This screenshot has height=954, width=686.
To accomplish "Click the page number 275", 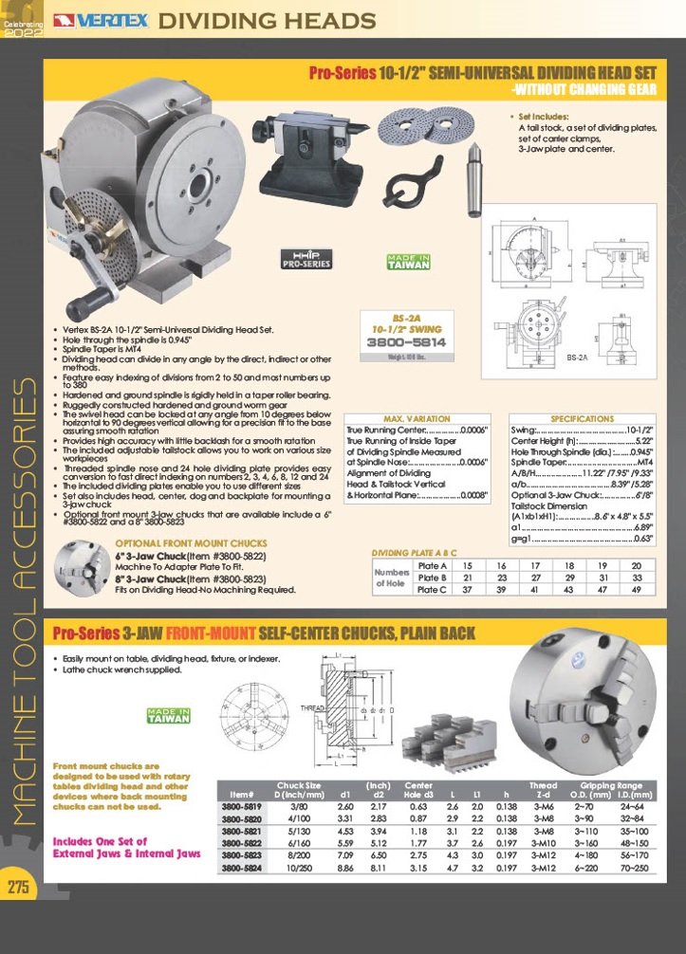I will click(x=17, y=887).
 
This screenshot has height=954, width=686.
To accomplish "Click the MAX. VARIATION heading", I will click(x=417, y=418).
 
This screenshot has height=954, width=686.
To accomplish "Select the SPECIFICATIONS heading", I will click(x=582, y=418).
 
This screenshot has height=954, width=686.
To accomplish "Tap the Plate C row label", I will click(x=433, y=589).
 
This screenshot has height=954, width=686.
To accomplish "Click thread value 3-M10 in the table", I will click(x=543, y=840).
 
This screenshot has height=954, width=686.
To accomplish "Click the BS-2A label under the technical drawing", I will click(x=578, y=359).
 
